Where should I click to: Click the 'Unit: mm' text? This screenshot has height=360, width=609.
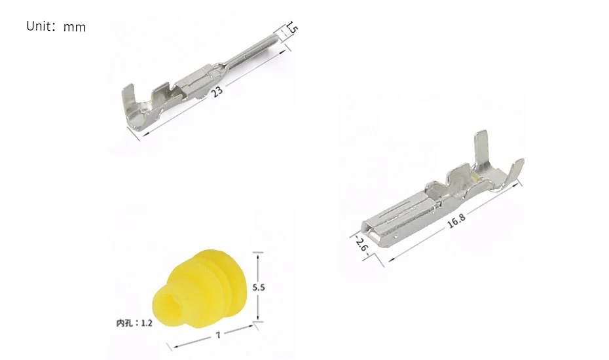pos(56,27)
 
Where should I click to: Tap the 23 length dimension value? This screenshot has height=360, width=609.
pos(217,91)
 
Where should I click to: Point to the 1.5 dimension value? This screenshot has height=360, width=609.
pos(292,29)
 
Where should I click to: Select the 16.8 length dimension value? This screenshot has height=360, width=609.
pos(456,221)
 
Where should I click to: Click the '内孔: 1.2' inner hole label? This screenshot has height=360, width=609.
pos(134,323)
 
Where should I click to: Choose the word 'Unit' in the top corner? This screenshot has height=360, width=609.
pos(38,27)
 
